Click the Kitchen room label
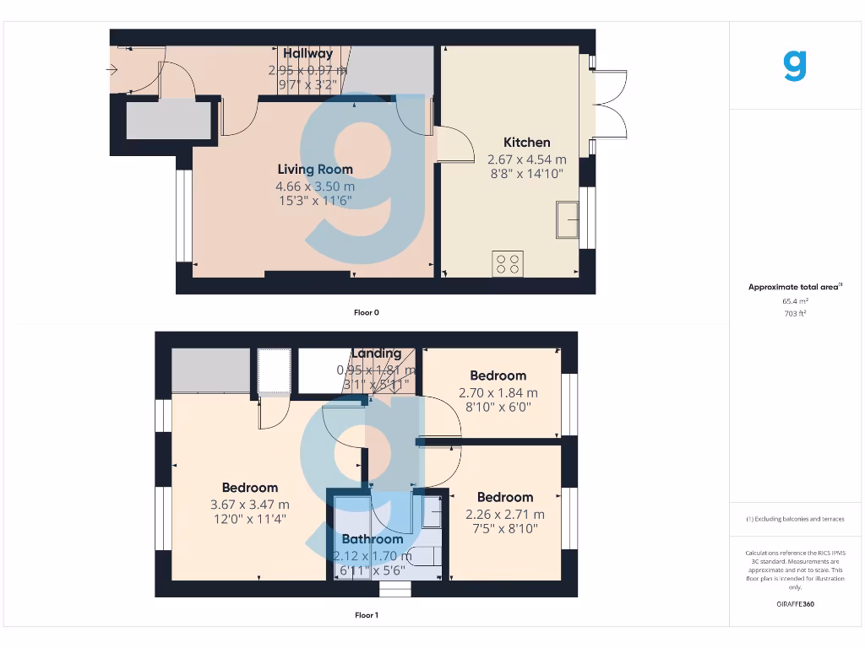526,143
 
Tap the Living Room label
315,170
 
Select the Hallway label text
307,54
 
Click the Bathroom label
372,539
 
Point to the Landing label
376,354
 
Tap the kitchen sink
567,220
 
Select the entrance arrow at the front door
112,70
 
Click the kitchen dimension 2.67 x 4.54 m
526,159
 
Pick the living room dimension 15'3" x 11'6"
315,201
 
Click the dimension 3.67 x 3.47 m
249,505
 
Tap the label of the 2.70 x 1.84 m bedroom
498,375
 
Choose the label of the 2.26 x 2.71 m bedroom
504,498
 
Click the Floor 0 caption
366,312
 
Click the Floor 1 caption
366,615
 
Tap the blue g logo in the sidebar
795,66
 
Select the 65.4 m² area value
795,300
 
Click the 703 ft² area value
795,313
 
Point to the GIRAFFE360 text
795,604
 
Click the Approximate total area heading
795,287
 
